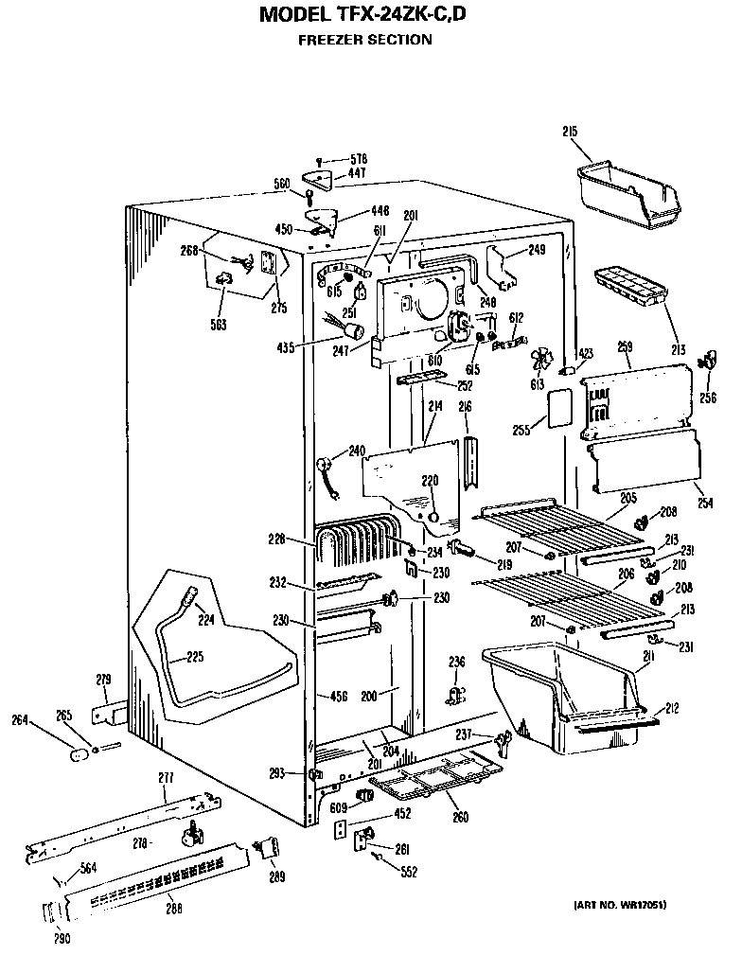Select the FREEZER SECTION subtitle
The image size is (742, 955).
(x=364, y=40)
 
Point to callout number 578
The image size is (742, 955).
(x=358, y=159)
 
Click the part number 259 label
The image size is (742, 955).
(x=625, y=347)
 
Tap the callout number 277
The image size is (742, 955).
(x=166, y=777)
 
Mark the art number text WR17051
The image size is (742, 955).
(x=619, y=905)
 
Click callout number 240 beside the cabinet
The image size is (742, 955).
(x=357, y=451)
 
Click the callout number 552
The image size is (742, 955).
(x=409, y=872)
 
